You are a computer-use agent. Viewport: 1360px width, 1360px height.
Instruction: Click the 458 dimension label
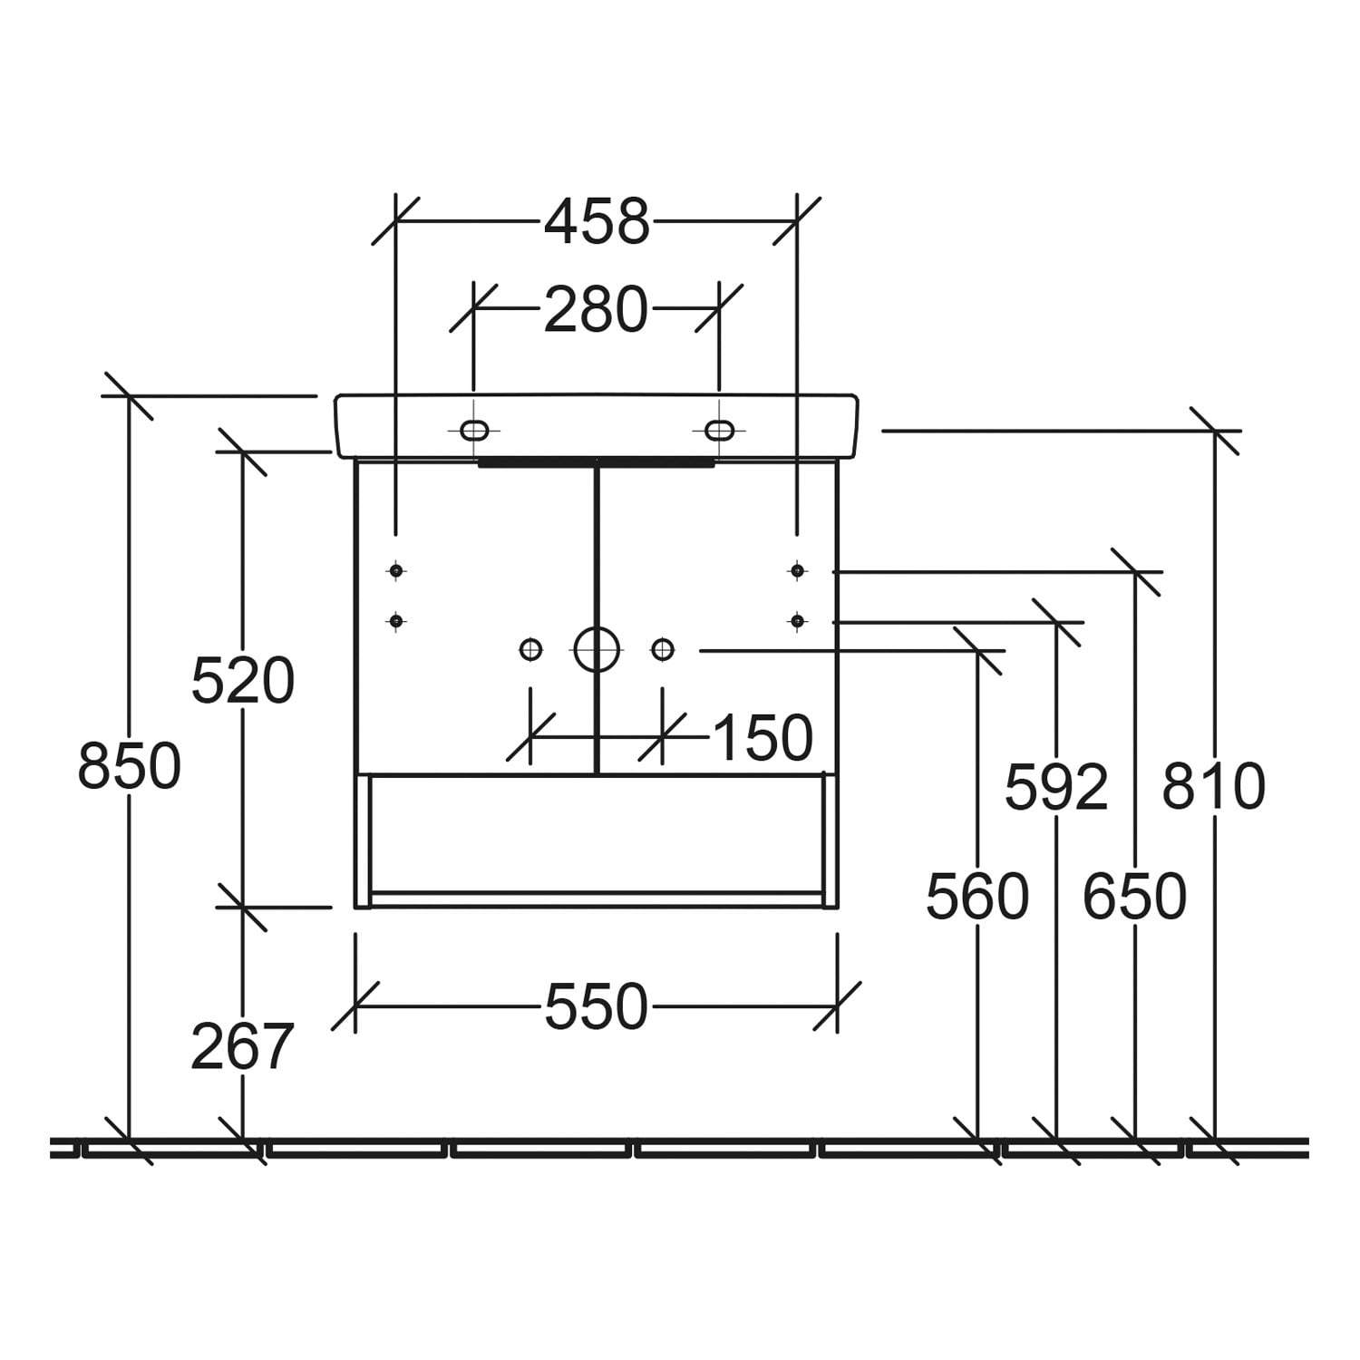(597, 222)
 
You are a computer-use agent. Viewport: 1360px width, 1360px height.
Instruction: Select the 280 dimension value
(597, 310)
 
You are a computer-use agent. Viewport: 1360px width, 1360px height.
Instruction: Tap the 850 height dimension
(130, 766)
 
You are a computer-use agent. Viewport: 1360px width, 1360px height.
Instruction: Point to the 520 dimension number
(243, 682)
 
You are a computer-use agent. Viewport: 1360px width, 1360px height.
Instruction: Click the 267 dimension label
(243, 1046)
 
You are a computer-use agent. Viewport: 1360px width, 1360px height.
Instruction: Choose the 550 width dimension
(597, 1007)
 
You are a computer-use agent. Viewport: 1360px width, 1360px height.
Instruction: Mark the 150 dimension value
(763, 738)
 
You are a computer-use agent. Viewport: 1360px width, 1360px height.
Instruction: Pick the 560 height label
(977, 898)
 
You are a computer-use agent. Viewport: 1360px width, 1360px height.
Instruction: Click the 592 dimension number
(1057, 787)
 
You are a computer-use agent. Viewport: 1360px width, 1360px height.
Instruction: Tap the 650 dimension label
(1135, 898)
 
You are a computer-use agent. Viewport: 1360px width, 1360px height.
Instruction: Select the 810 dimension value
(1214, 787)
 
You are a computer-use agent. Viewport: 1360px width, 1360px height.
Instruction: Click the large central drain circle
(597, 649)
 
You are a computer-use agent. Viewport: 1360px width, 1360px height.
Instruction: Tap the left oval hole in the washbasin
(474, 430)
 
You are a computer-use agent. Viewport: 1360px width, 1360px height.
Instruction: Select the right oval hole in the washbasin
(720, 430)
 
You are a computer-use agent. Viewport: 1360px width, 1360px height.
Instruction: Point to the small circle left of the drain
(531, 649)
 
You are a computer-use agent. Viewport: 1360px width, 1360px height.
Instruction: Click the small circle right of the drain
(663, 649)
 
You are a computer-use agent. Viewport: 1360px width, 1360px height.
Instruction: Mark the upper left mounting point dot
(395, 570)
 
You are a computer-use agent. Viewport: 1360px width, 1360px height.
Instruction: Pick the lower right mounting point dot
(797, 621)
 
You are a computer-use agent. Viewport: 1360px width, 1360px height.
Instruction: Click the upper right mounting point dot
(797, 570)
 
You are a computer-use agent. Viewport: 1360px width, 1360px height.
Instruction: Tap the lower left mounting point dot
(395, 621)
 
